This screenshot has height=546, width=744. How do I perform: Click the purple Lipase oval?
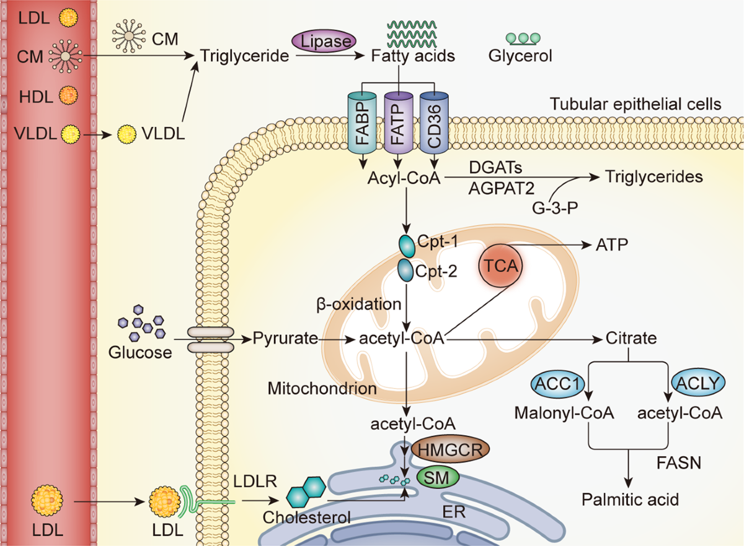[324, 41]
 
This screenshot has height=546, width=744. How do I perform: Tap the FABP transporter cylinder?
[362, 123]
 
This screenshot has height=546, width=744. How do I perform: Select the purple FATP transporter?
[399, 123]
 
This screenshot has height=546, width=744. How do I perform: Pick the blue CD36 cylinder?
[434, 123]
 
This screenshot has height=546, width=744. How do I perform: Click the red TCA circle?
[500, 266]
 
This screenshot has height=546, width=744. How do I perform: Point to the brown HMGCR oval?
[450, 450]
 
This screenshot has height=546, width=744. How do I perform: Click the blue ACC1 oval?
[557, 384]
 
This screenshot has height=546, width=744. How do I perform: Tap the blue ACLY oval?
[698, 383]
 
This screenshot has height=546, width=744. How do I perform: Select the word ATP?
[612, 245]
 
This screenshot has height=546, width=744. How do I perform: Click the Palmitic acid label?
[630, 500]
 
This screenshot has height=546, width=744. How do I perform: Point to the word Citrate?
[631, 339]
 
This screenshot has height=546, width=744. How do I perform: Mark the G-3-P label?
[555, 208]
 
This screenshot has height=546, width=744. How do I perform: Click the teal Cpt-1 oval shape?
[407, 246]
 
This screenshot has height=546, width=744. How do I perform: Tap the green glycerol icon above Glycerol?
[523, 39]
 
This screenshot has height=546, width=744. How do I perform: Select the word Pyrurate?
[286, 339]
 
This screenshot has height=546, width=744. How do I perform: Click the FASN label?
[679, 462]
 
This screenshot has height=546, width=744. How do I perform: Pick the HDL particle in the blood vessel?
[68, 95]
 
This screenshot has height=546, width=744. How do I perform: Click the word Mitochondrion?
[322, 388]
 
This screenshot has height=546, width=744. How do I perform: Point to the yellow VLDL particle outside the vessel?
[126, 134]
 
